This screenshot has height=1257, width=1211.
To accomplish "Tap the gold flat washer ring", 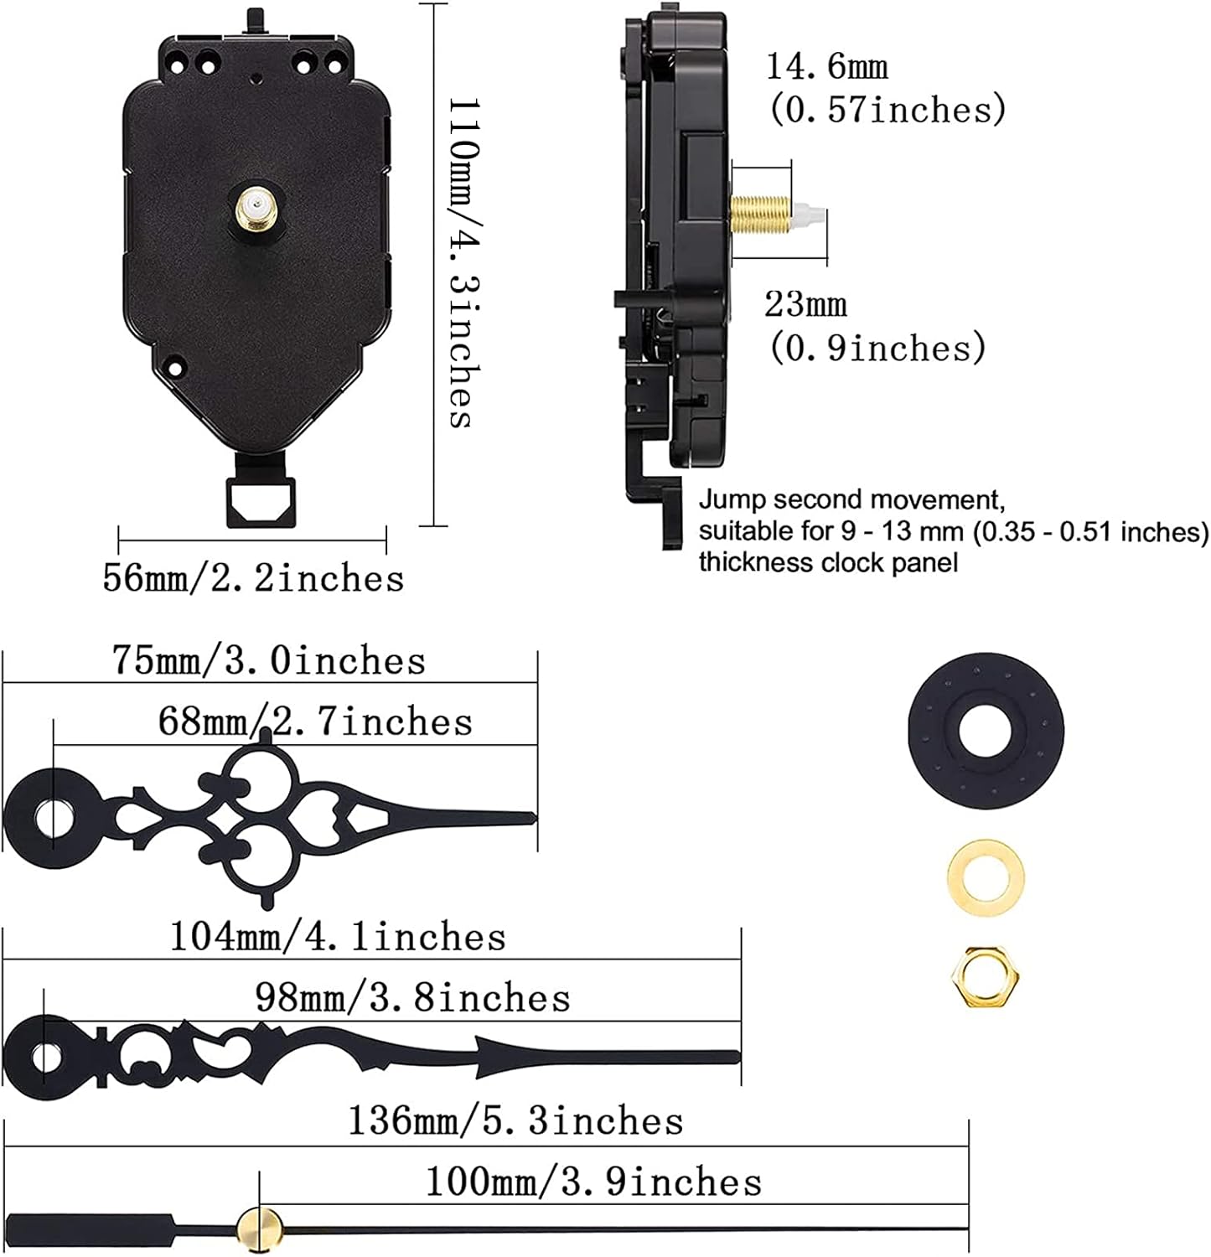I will [x=986, y=878].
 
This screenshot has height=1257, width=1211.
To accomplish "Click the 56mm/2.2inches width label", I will [x=253, y=578].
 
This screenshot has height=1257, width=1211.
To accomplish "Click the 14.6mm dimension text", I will [x=827, y=67].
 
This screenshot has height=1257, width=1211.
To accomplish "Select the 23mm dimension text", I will [x=805, y=304].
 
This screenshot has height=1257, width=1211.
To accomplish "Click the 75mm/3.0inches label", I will [x=269, y=660].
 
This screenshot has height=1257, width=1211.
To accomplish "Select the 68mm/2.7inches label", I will [x=315, y=722].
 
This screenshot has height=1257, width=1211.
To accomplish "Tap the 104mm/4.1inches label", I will [x=338, y=936].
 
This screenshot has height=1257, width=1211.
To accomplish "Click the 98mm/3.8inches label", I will [x=412, y=997].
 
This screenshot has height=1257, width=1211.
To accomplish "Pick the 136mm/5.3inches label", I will [x=515, y=1120].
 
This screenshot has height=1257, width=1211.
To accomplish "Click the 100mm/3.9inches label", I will [x=593, y=1182].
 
